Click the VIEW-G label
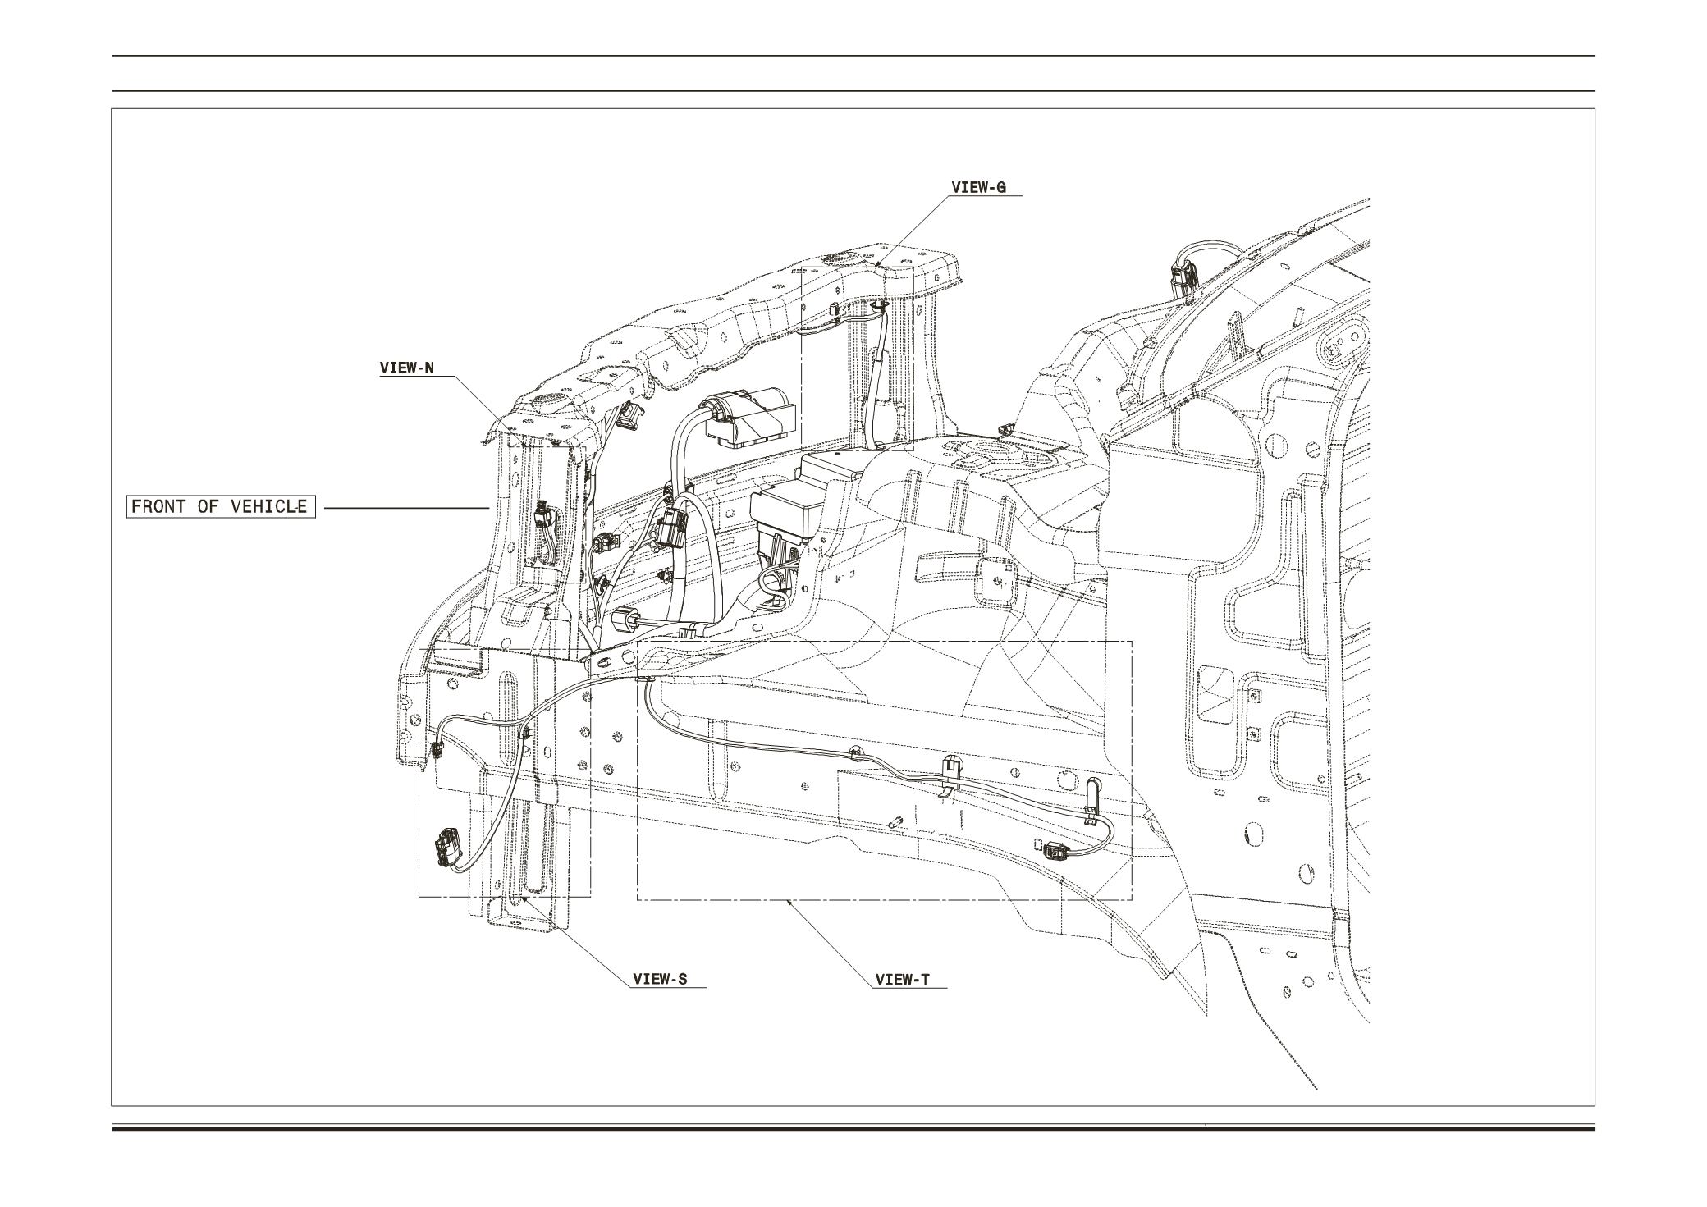click(x=978, y=187)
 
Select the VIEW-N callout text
click(x=406, y=368)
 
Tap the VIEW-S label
click(x=660, y=979)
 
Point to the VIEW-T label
click(x=903, y=979)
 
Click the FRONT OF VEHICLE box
click(x=220, y=506)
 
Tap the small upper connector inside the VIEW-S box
click(x=436, y=748)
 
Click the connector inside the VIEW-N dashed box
click(x=542, y=518)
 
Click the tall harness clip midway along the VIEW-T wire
click(x=951, y=771)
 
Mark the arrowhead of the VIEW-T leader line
click(x=789, y=901)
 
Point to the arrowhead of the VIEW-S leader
click(x=523, y=898)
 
